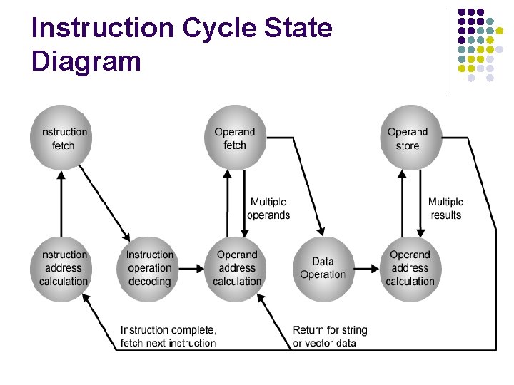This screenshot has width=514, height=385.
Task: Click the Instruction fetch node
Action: (63, 138)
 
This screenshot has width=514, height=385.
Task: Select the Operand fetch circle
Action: (234, 138)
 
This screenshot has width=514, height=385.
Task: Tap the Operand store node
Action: (407, 138)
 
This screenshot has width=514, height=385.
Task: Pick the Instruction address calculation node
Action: (63, 268)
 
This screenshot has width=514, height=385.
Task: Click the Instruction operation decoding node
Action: (149, 268)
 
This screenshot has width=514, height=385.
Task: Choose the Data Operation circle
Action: (323, 268)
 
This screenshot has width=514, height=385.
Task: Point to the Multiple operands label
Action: (268, 209)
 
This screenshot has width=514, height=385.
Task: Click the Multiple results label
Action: (445, 209)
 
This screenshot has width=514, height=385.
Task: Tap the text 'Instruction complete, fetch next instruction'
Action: (168, 337)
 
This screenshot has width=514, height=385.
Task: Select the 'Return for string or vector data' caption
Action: (330, 337)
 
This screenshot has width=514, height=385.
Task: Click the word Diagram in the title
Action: (86, 61)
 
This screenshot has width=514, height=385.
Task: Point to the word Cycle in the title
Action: (224, 29)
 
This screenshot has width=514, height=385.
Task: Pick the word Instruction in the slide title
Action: (103, 29)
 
